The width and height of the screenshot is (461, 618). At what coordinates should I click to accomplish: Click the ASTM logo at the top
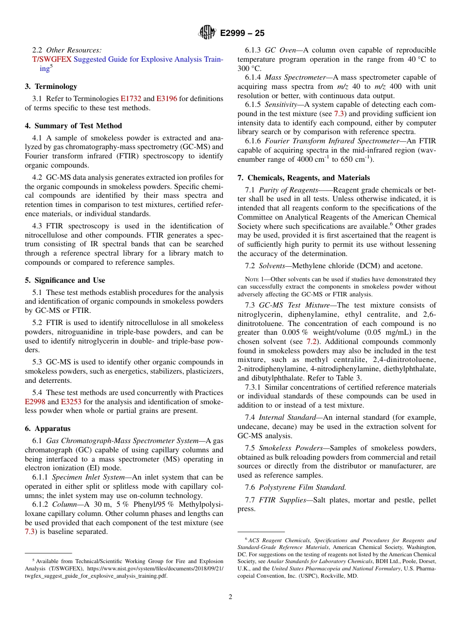coord(208,33)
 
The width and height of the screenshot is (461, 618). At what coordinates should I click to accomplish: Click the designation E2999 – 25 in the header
coord(242,34)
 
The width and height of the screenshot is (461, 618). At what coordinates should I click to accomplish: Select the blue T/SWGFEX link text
coord(51,59)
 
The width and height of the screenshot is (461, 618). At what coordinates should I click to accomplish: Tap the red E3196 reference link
coord(166,99)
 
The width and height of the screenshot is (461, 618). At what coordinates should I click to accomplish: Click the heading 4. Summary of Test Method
coord(73,126)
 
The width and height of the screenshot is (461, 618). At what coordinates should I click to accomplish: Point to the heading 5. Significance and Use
coord(65,280)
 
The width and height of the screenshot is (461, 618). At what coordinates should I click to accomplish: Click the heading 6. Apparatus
coord(48,429)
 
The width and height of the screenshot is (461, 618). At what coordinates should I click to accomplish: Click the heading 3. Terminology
coord(51,86)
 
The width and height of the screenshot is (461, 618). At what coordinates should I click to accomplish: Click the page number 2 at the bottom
coord(230,597)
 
